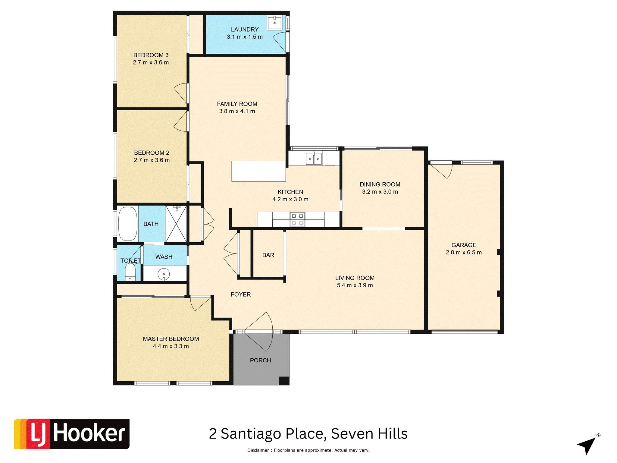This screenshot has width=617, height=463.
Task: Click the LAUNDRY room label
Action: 245,30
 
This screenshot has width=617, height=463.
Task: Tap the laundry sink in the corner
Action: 274,23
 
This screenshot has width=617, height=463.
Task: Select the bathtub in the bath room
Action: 128,224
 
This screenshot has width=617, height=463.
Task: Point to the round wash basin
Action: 164,275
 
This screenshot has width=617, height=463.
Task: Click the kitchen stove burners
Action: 297,219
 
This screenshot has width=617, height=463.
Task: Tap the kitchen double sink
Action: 314,159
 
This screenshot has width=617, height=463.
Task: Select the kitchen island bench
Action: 258,171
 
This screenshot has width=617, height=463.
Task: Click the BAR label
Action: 268,255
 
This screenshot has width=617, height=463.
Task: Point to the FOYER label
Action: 241,294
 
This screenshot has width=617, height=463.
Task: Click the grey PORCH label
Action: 260,361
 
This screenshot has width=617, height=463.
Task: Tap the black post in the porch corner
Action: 284,381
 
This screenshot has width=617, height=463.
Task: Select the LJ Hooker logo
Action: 72,434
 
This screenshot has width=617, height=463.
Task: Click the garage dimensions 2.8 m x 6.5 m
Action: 464,253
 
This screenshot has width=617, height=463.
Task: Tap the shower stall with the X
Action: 176,224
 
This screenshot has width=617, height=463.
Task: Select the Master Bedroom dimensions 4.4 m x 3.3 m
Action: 171,346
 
